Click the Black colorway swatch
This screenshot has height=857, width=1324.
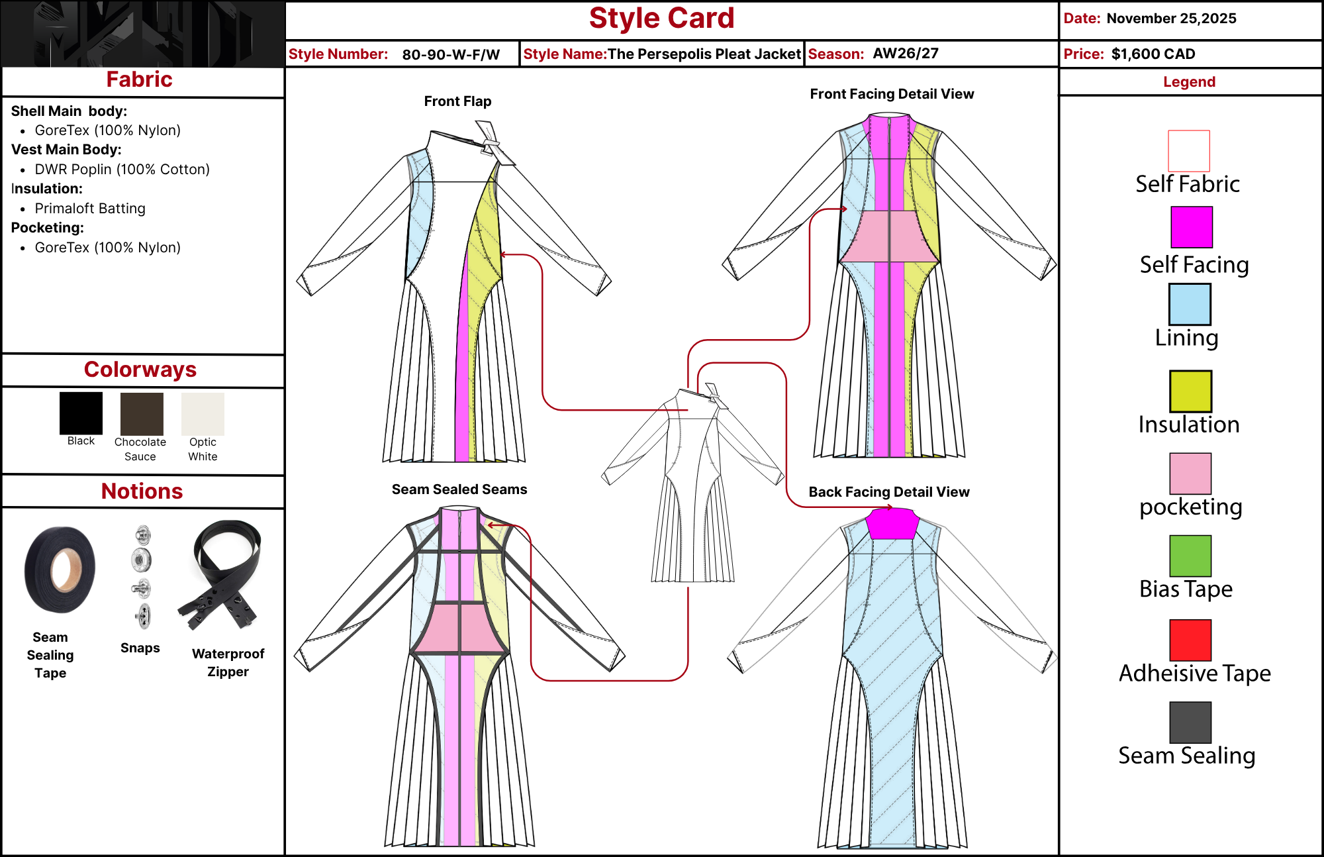coord(81,413)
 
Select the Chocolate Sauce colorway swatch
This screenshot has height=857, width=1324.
coord(142,414)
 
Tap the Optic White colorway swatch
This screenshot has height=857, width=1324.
coord(203,414)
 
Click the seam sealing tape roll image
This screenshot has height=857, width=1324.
coord(60,570)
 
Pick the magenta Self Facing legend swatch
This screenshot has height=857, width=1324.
coord(1192,227)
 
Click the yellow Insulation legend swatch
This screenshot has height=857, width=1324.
coord(1190,391)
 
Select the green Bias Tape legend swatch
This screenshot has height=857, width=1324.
coord(1190,556)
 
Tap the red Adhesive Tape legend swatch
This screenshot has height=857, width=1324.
coord(1190,640)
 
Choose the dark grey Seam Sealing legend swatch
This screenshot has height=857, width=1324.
coord(1190,723)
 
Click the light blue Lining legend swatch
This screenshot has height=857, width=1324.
coord(1190,304)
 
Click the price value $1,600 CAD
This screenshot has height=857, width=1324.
coord(1153,54)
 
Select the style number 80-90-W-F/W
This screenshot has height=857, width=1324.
coord(451,54)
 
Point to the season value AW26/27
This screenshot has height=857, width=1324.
coord(906,53)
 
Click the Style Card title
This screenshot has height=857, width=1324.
coord(662,19)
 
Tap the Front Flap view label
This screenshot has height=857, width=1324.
coord(457,101)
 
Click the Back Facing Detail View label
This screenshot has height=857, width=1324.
coord(889,492)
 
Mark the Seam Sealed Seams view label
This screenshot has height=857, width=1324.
coord(459,489)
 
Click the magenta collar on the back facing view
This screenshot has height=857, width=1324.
coord(892,523)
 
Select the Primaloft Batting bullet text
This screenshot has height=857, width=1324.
coord(90,209)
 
